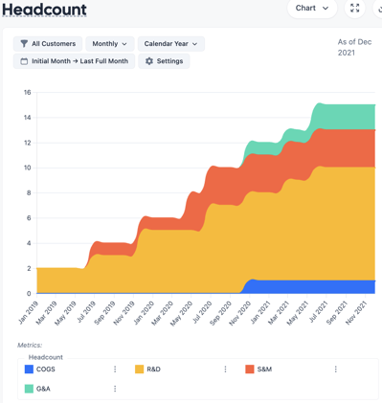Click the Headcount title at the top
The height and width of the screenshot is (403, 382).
click(x=45, y=11)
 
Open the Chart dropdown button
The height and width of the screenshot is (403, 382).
click(x=312, y=9)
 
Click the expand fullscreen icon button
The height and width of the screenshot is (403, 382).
click(x=355, y=9)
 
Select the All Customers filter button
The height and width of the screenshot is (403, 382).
click(x=48, y=44)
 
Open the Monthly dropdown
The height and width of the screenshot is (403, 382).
click(x=110, y=44)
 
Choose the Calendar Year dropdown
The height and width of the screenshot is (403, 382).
click(x=171, y=44)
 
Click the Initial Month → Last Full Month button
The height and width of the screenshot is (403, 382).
click(x=74, y=61)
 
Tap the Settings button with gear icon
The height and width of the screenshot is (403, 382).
click(x=164, y=61)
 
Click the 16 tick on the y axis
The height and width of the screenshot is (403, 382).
click(x=28, y=93)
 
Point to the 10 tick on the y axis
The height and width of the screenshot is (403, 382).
click(x=28, y=168)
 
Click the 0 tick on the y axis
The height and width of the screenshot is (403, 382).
click(x=29, y=294)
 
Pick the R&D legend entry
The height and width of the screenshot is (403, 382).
click(x=153, y=369)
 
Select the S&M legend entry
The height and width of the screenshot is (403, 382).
click(x=263, y=369)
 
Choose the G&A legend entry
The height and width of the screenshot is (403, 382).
click(x=43, y=389)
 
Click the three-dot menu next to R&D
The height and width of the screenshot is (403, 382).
click(x=226, y=369)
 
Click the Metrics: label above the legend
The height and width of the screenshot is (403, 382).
click(x=30, y=345)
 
